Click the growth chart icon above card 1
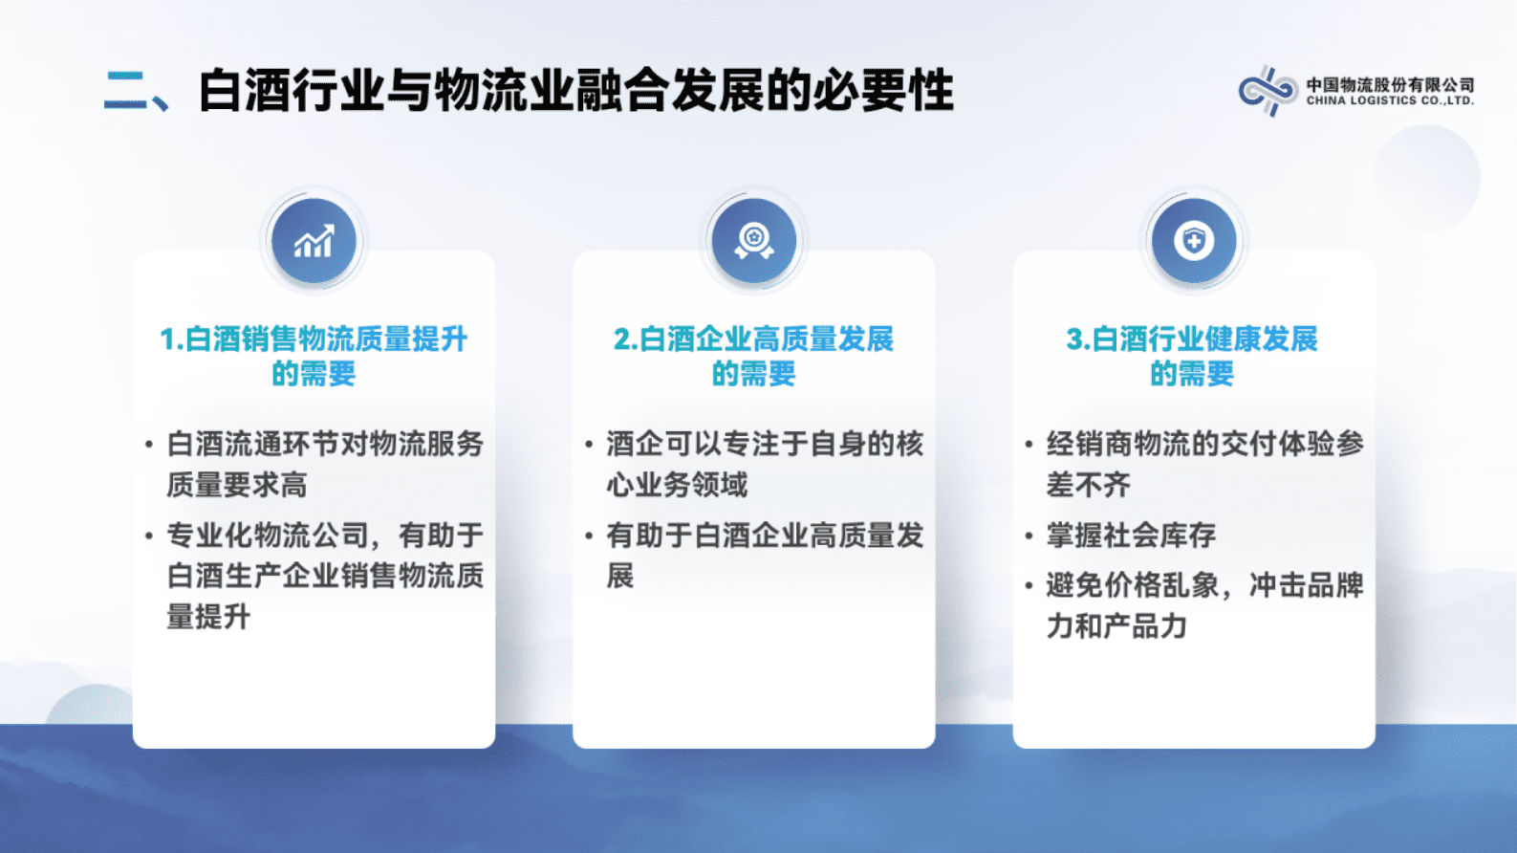point(314,242)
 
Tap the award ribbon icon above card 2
point(753,242)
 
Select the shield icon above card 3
point(1193,241)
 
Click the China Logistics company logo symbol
point(1268,92)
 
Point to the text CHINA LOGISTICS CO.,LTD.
point(1390,100)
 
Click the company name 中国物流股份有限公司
point(1390,84)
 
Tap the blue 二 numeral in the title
point(126,91)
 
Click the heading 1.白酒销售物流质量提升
point(314,339)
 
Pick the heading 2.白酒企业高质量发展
point(753,339)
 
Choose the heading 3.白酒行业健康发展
point(1192,339)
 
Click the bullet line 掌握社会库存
point(1131,536)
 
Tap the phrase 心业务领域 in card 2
point(677,485)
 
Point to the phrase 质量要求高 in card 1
point(237,485)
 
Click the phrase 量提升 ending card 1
point(208,617)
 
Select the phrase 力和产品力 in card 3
point(1116,626)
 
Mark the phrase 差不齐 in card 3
point(1088,485)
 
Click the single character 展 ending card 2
point(620,576)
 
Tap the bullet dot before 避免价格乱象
point(1029,585)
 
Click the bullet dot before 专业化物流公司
point(149,536)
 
